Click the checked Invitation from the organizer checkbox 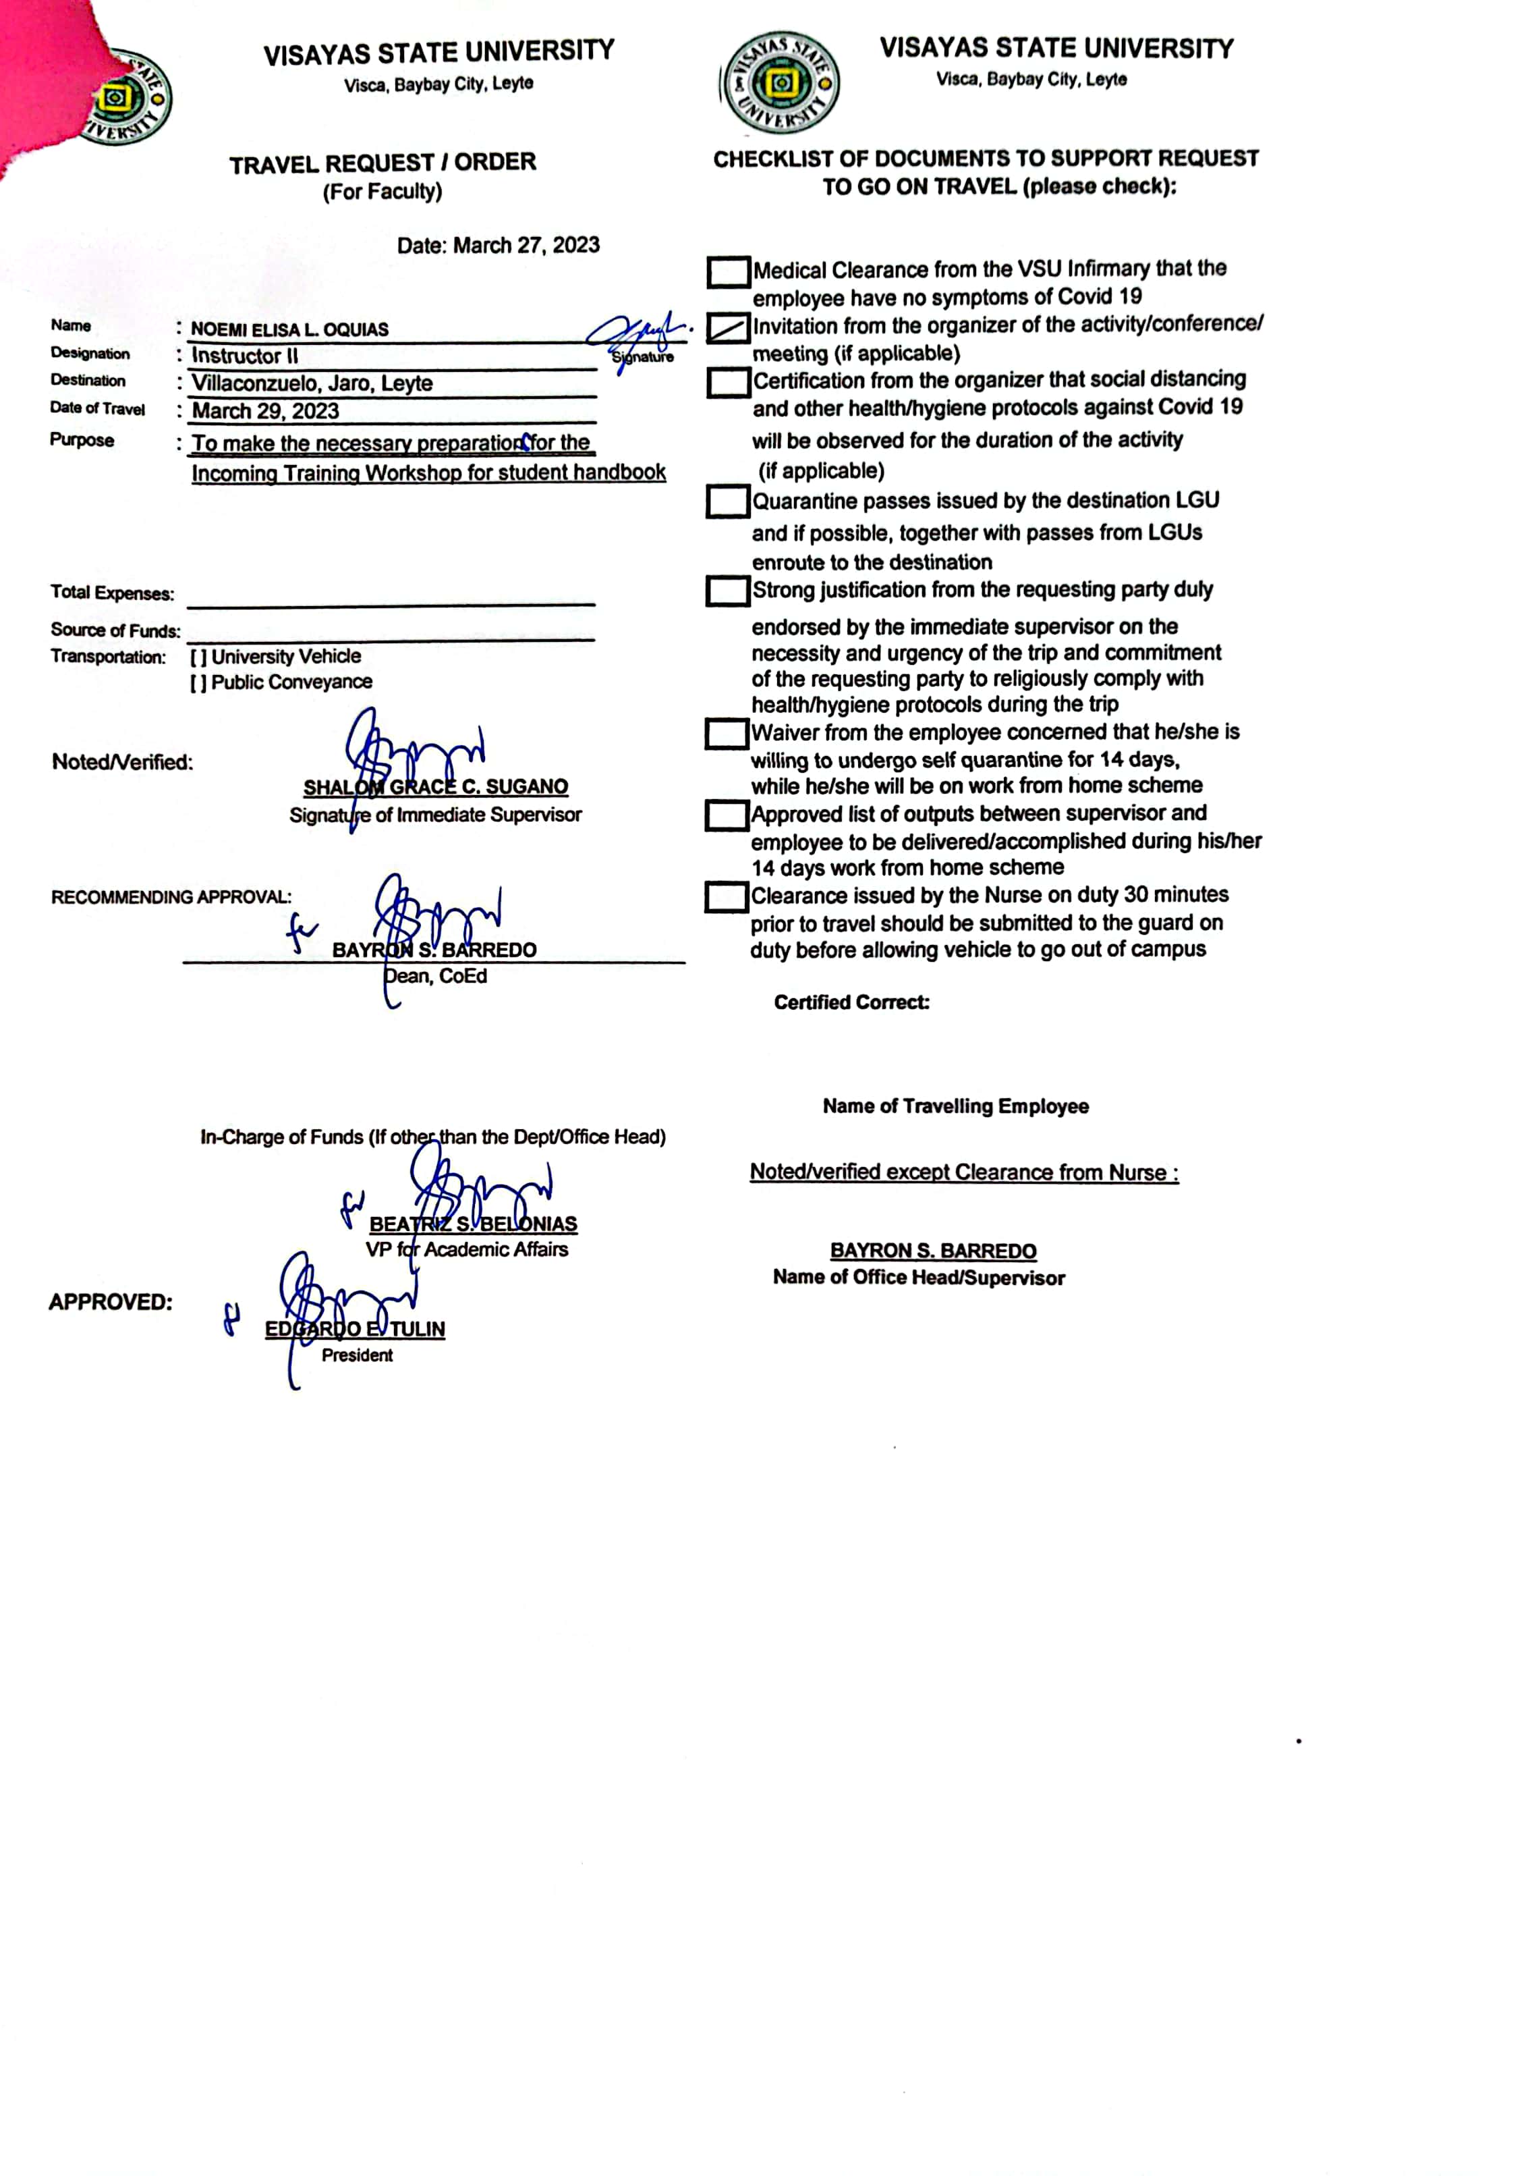click(x=728, y=328)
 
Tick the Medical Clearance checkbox click(x=728, y=272)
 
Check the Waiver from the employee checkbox click(x=727, y=734)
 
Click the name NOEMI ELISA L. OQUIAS click(x=290, y=330)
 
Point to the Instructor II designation click(x=244, y=356)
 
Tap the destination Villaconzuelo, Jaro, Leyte click(x=312, y=384)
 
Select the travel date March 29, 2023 click(x=265, y=411)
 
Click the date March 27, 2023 click(x=499, y=246)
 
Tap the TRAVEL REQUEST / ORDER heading click(x=382, y=163)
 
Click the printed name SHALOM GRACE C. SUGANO click(x=436, y=786)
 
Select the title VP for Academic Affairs click(x=467, y=1250)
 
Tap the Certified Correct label click(x=851, y=1003)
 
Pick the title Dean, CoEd click(x=436, y=976)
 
